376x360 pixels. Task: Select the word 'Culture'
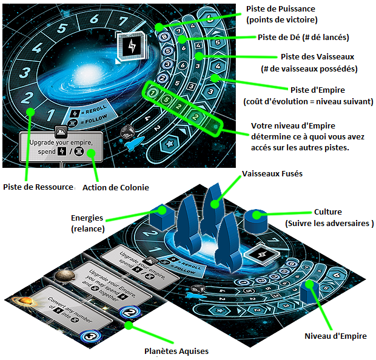(x=328, y=212)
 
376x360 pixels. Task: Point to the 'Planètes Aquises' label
(x=175, y=350)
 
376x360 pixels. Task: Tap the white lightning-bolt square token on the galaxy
(x=130, y=45)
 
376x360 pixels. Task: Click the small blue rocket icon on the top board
(x=135, y=144)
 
